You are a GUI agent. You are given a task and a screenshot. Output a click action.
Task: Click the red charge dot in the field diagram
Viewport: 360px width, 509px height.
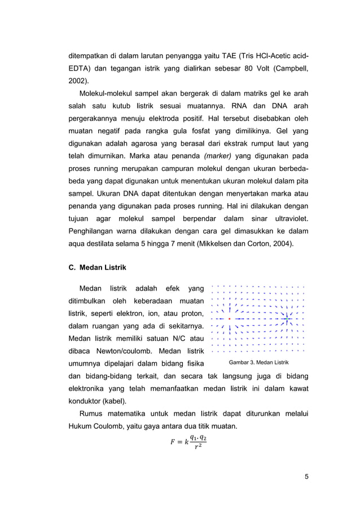pos(230,319)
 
